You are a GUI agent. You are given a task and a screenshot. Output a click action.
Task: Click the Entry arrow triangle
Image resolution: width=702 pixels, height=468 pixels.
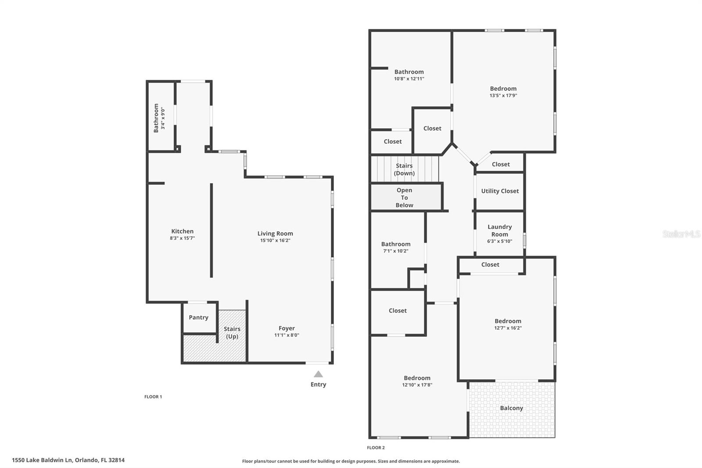[x=318, y=374]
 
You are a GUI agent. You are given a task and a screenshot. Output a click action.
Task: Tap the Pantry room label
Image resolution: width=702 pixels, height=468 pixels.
[x=198, y=317]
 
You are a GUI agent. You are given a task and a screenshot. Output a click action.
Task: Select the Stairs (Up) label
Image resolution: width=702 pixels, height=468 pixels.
[x=232, y=332]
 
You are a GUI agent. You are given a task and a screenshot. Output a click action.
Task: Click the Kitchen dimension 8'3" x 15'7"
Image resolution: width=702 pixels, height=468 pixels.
[x=182, y=238]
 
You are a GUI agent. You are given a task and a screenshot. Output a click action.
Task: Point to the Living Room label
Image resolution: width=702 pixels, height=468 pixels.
[x=275, y=234]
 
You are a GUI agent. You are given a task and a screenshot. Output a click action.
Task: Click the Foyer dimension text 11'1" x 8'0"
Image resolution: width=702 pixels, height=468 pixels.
[x=287, y=335]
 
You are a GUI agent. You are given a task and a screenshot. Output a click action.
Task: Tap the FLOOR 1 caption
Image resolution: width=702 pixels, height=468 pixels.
[x=153, y=397]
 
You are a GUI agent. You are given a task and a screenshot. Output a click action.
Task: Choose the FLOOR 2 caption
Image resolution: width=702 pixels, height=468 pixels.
[x=376, y=448]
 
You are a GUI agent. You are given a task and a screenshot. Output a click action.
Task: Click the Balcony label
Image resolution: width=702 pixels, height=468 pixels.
[x=511, y=408]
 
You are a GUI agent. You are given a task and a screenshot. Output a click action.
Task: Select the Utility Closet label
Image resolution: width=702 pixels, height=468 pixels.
[x=500, y=191]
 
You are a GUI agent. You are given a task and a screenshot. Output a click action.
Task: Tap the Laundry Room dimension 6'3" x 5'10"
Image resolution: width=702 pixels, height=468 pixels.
[x=499, y=241]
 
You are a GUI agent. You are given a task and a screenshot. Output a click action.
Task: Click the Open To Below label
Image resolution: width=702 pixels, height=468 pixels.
[x=404, y=198]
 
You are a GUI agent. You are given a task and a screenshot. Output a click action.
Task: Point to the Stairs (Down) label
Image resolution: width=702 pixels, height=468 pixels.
[x=404, y=169]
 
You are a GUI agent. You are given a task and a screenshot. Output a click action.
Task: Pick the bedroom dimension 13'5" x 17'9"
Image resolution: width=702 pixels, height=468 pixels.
[x=503, y=95]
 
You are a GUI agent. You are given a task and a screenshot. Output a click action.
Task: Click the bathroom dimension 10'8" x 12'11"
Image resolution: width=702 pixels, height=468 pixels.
[x=409, y=79]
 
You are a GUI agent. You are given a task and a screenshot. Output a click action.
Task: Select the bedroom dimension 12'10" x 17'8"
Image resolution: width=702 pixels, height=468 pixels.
[x=417, y=385]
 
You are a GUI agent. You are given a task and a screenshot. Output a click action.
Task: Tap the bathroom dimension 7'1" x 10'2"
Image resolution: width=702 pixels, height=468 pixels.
[x=395, y=251]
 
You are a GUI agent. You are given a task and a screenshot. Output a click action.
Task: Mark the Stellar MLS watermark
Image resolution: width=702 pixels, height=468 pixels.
[x=681, y=234]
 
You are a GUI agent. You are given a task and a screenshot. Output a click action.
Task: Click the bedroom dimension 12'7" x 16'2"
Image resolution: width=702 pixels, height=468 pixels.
[x=508, y=328]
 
